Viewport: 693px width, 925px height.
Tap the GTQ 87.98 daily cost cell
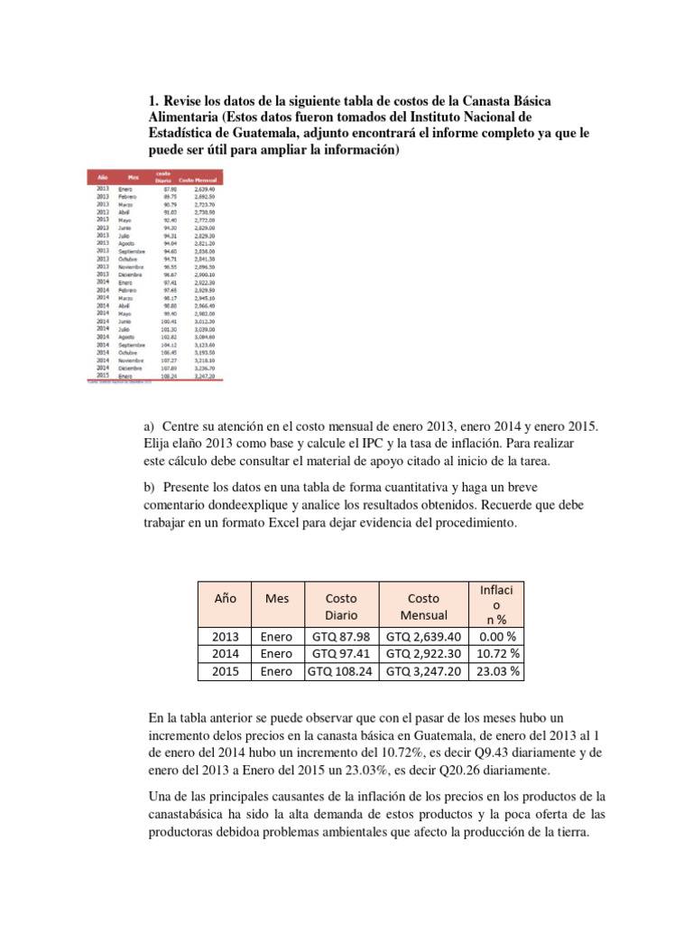(x=341, y=636)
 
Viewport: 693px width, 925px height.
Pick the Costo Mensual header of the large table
(x=423, y=606)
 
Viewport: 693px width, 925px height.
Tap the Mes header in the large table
(x=277, y=598)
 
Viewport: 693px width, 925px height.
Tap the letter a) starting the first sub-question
(x=150, y=425)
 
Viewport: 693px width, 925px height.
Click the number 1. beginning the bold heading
(x=153, y=100)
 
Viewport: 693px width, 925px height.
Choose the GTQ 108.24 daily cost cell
(x=341, y=671)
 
